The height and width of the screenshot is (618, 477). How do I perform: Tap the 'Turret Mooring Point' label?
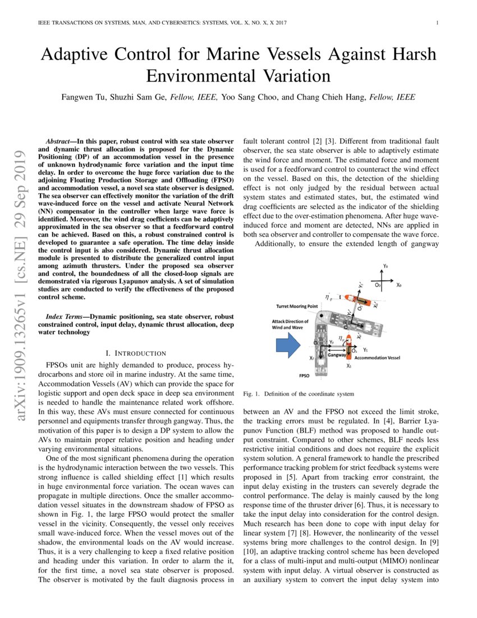click(297, 306)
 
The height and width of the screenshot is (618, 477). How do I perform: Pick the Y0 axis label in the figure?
click(385, 265)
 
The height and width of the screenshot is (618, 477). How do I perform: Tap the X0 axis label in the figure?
click(398, 285)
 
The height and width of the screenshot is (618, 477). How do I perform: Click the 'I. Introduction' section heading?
click(136, 353)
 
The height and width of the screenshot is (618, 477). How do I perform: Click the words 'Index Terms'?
click(66, 317)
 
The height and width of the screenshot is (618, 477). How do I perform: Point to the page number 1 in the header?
click(436, 23)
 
